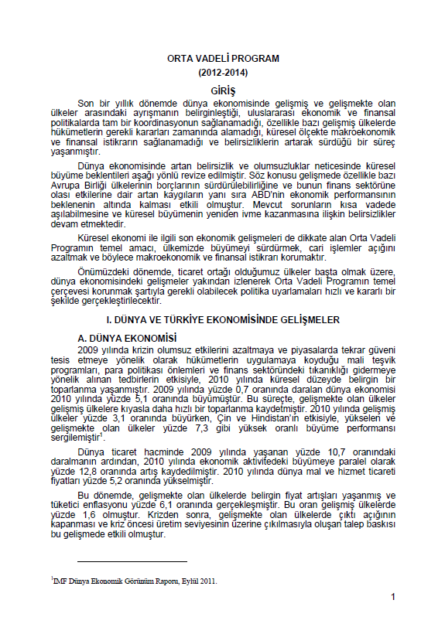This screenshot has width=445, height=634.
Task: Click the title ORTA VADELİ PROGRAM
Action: coord(223,59)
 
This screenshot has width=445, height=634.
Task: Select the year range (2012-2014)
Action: coord(223,73)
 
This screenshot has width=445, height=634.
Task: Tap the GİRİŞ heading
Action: coord(223,90)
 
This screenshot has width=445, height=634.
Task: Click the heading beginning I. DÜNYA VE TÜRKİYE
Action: coord(223,319)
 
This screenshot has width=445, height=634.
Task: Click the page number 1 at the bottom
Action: coord(393,597)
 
